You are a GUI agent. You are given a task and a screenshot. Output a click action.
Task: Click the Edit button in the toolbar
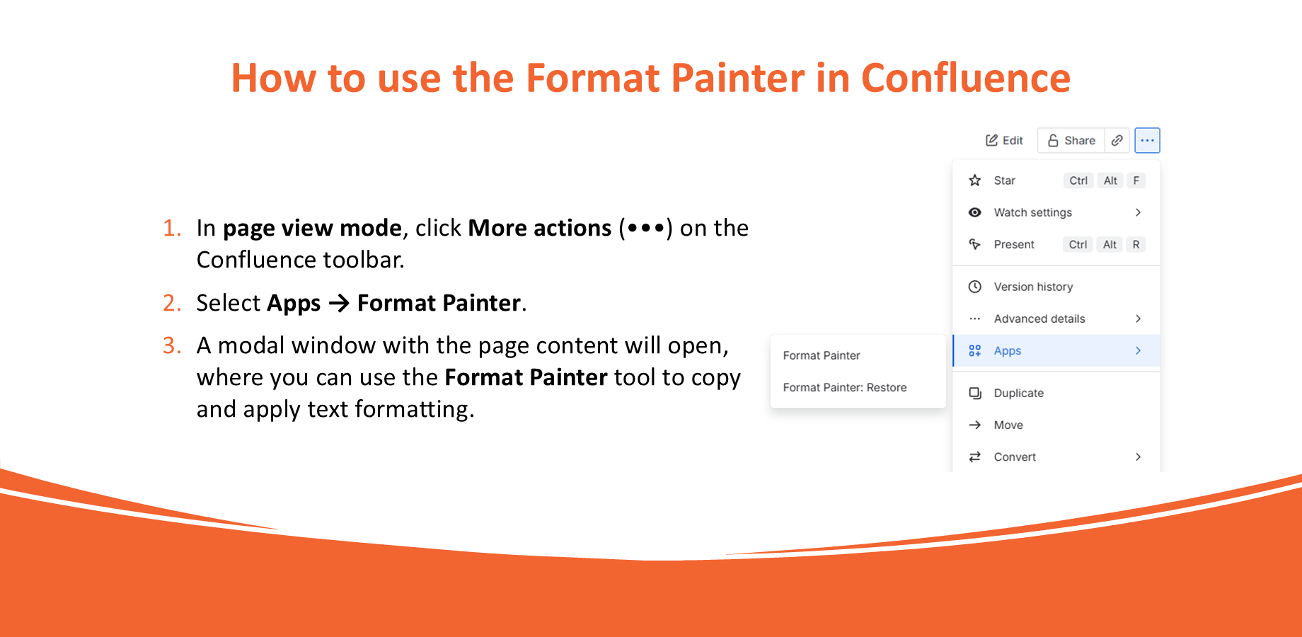[x=1004, y=140]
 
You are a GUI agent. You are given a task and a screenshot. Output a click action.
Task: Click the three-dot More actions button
[x=1147, y=140]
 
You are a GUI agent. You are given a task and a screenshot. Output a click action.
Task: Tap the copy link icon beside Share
[x=1117, y=140]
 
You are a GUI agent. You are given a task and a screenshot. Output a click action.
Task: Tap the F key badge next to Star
[x=1136, y=180]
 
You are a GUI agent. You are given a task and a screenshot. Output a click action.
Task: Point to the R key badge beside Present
[x=1136, y=244]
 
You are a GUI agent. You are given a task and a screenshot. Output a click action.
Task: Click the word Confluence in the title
[x=965, y=78]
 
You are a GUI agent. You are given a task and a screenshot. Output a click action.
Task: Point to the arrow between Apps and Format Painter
[x=339, y=304]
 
